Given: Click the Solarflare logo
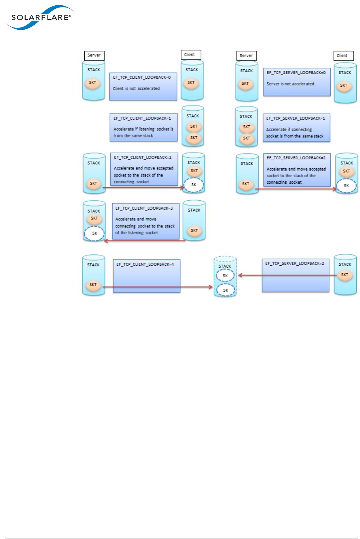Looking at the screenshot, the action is pyautogui.click(x=40, y=17).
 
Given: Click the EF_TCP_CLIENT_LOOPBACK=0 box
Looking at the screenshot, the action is pyautogui.click(x=143, y=86).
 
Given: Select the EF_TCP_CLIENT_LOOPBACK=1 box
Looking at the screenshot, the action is pyautogui.click(x=143, y=127).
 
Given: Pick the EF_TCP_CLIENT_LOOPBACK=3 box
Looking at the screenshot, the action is pyautogui.click(x=145, y=221).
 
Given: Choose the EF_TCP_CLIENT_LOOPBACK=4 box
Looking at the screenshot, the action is pyautogui.click(x=146, y=275).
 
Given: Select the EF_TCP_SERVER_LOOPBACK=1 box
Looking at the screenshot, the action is pyautogui.click(x=296, y=127).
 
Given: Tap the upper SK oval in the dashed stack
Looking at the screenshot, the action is pyautogui.click(x=225, y=276).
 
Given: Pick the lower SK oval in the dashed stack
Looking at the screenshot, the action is pyautogui.click(x=226, y=290).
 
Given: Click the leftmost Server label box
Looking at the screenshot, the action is pyautogui.click(x=94, y=55).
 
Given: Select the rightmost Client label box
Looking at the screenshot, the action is pyautogui.click(x=343, y=56).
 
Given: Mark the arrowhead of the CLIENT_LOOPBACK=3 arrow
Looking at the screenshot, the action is pyautogui.click(x=106, y=241).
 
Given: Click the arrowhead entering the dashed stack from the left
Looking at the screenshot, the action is pyautogui.click(x=211, y=287).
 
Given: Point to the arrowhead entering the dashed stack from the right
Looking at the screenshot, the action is pyautogui.click(x=240, y=275).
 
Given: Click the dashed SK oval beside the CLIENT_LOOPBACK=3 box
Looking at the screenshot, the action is pyautogui.click(x=94, y=233).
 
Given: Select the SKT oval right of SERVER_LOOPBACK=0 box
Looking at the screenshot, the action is pyautogui.click(x=343, y=85).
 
